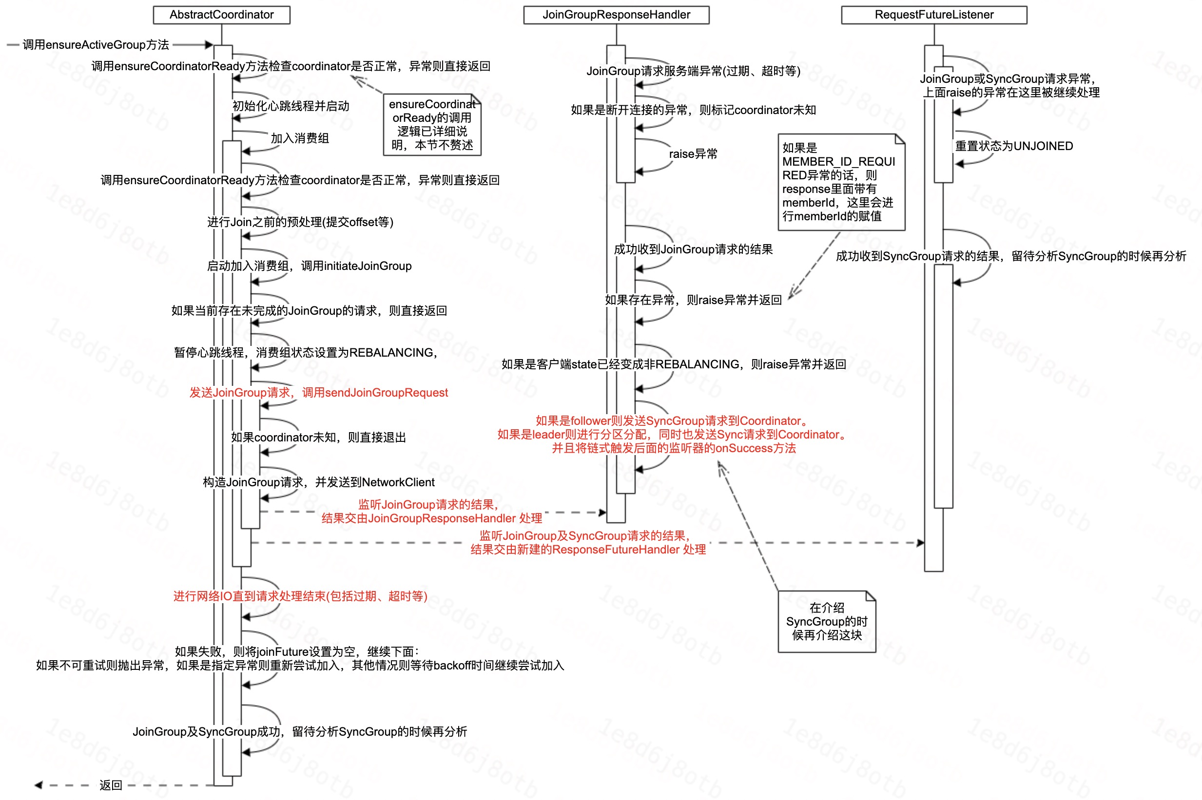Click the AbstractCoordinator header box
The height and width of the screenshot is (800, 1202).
[221, 15]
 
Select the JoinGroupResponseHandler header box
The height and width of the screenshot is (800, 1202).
[616, 15]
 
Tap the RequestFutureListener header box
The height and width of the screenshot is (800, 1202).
[933, 15]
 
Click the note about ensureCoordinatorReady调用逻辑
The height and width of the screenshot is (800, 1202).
[432, 125]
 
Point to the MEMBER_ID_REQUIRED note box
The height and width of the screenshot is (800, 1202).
[841, 182]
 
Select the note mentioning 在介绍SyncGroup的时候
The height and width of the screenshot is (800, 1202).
[826, 621]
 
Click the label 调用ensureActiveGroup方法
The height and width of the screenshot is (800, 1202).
[96, 45]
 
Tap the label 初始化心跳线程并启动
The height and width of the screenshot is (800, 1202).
[291, 106]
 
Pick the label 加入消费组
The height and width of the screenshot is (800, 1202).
[300, 138]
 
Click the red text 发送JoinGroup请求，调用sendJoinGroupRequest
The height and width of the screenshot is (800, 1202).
[318, 392]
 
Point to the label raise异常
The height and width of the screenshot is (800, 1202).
[693, 154]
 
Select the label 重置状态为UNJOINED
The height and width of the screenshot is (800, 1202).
[1014, 147]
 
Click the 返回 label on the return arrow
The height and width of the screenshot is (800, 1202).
[111, 785]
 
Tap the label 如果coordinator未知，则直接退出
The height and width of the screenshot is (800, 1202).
[318, 437]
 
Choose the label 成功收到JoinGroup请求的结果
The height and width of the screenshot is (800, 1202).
[693, 249]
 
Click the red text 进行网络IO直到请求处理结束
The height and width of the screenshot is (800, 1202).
[300, 596]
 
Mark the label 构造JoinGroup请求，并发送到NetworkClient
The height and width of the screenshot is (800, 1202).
[318, 482]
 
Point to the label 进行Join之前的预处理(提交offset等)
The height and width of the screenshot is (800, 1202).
[300, 222]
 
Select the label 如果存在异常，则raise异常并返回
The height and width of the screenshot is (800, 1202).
[693, 300]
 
